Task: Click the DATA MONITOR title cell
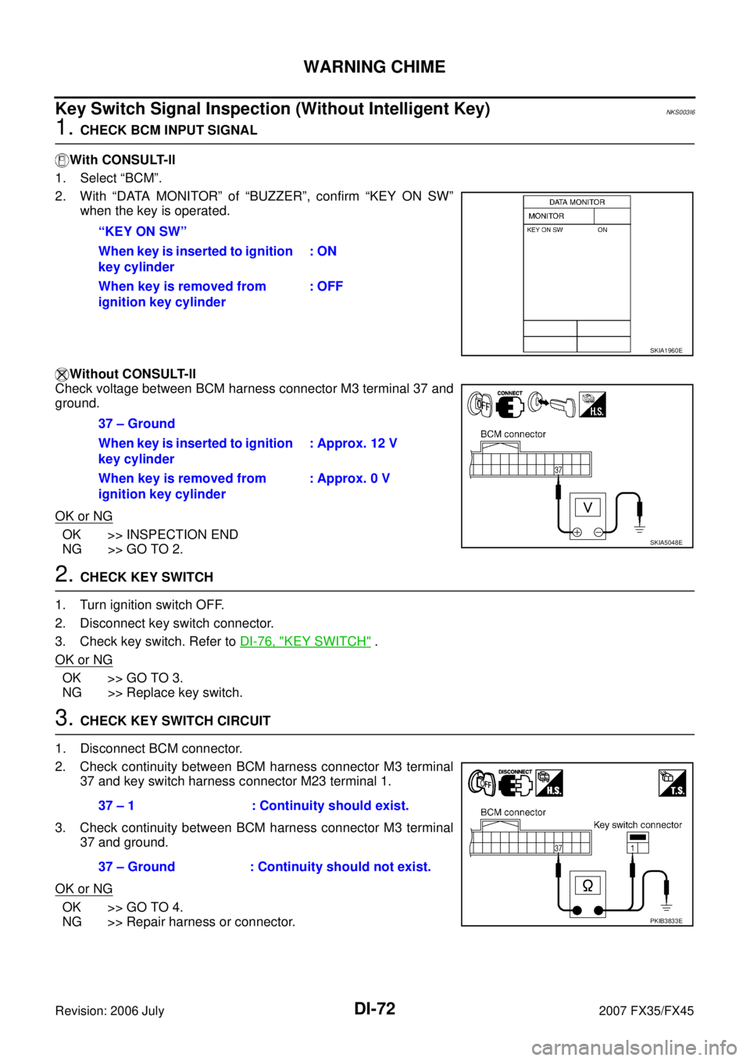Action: [577, 202]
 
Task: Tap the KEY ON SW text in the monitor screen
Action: [545, 230]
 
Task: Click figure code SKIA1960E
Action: [666, 351]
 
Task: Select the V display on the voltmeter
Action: [587, 508]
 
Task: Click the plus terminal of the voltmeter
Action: [577, 532]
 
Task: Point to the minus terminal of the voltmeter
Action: [598, 532]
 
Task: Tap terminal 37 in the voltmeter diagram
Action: [558, 470]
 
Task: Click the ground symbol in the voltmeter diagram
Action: [639, 529]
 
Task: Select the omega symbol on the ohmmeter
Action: [587, 885]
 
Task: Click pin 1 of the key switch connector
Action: [633, 848]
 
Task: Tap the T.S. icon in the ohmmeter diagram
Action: [672, 783]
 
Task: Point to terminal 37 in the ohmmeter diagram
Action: [558, 848]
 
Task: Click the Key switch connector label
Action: [637, 825]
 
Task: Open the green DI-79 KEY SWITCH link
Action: [305, 641]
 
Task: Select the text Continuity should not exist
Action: [344, 867]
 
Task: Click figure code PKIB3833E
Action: [666, 921]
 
